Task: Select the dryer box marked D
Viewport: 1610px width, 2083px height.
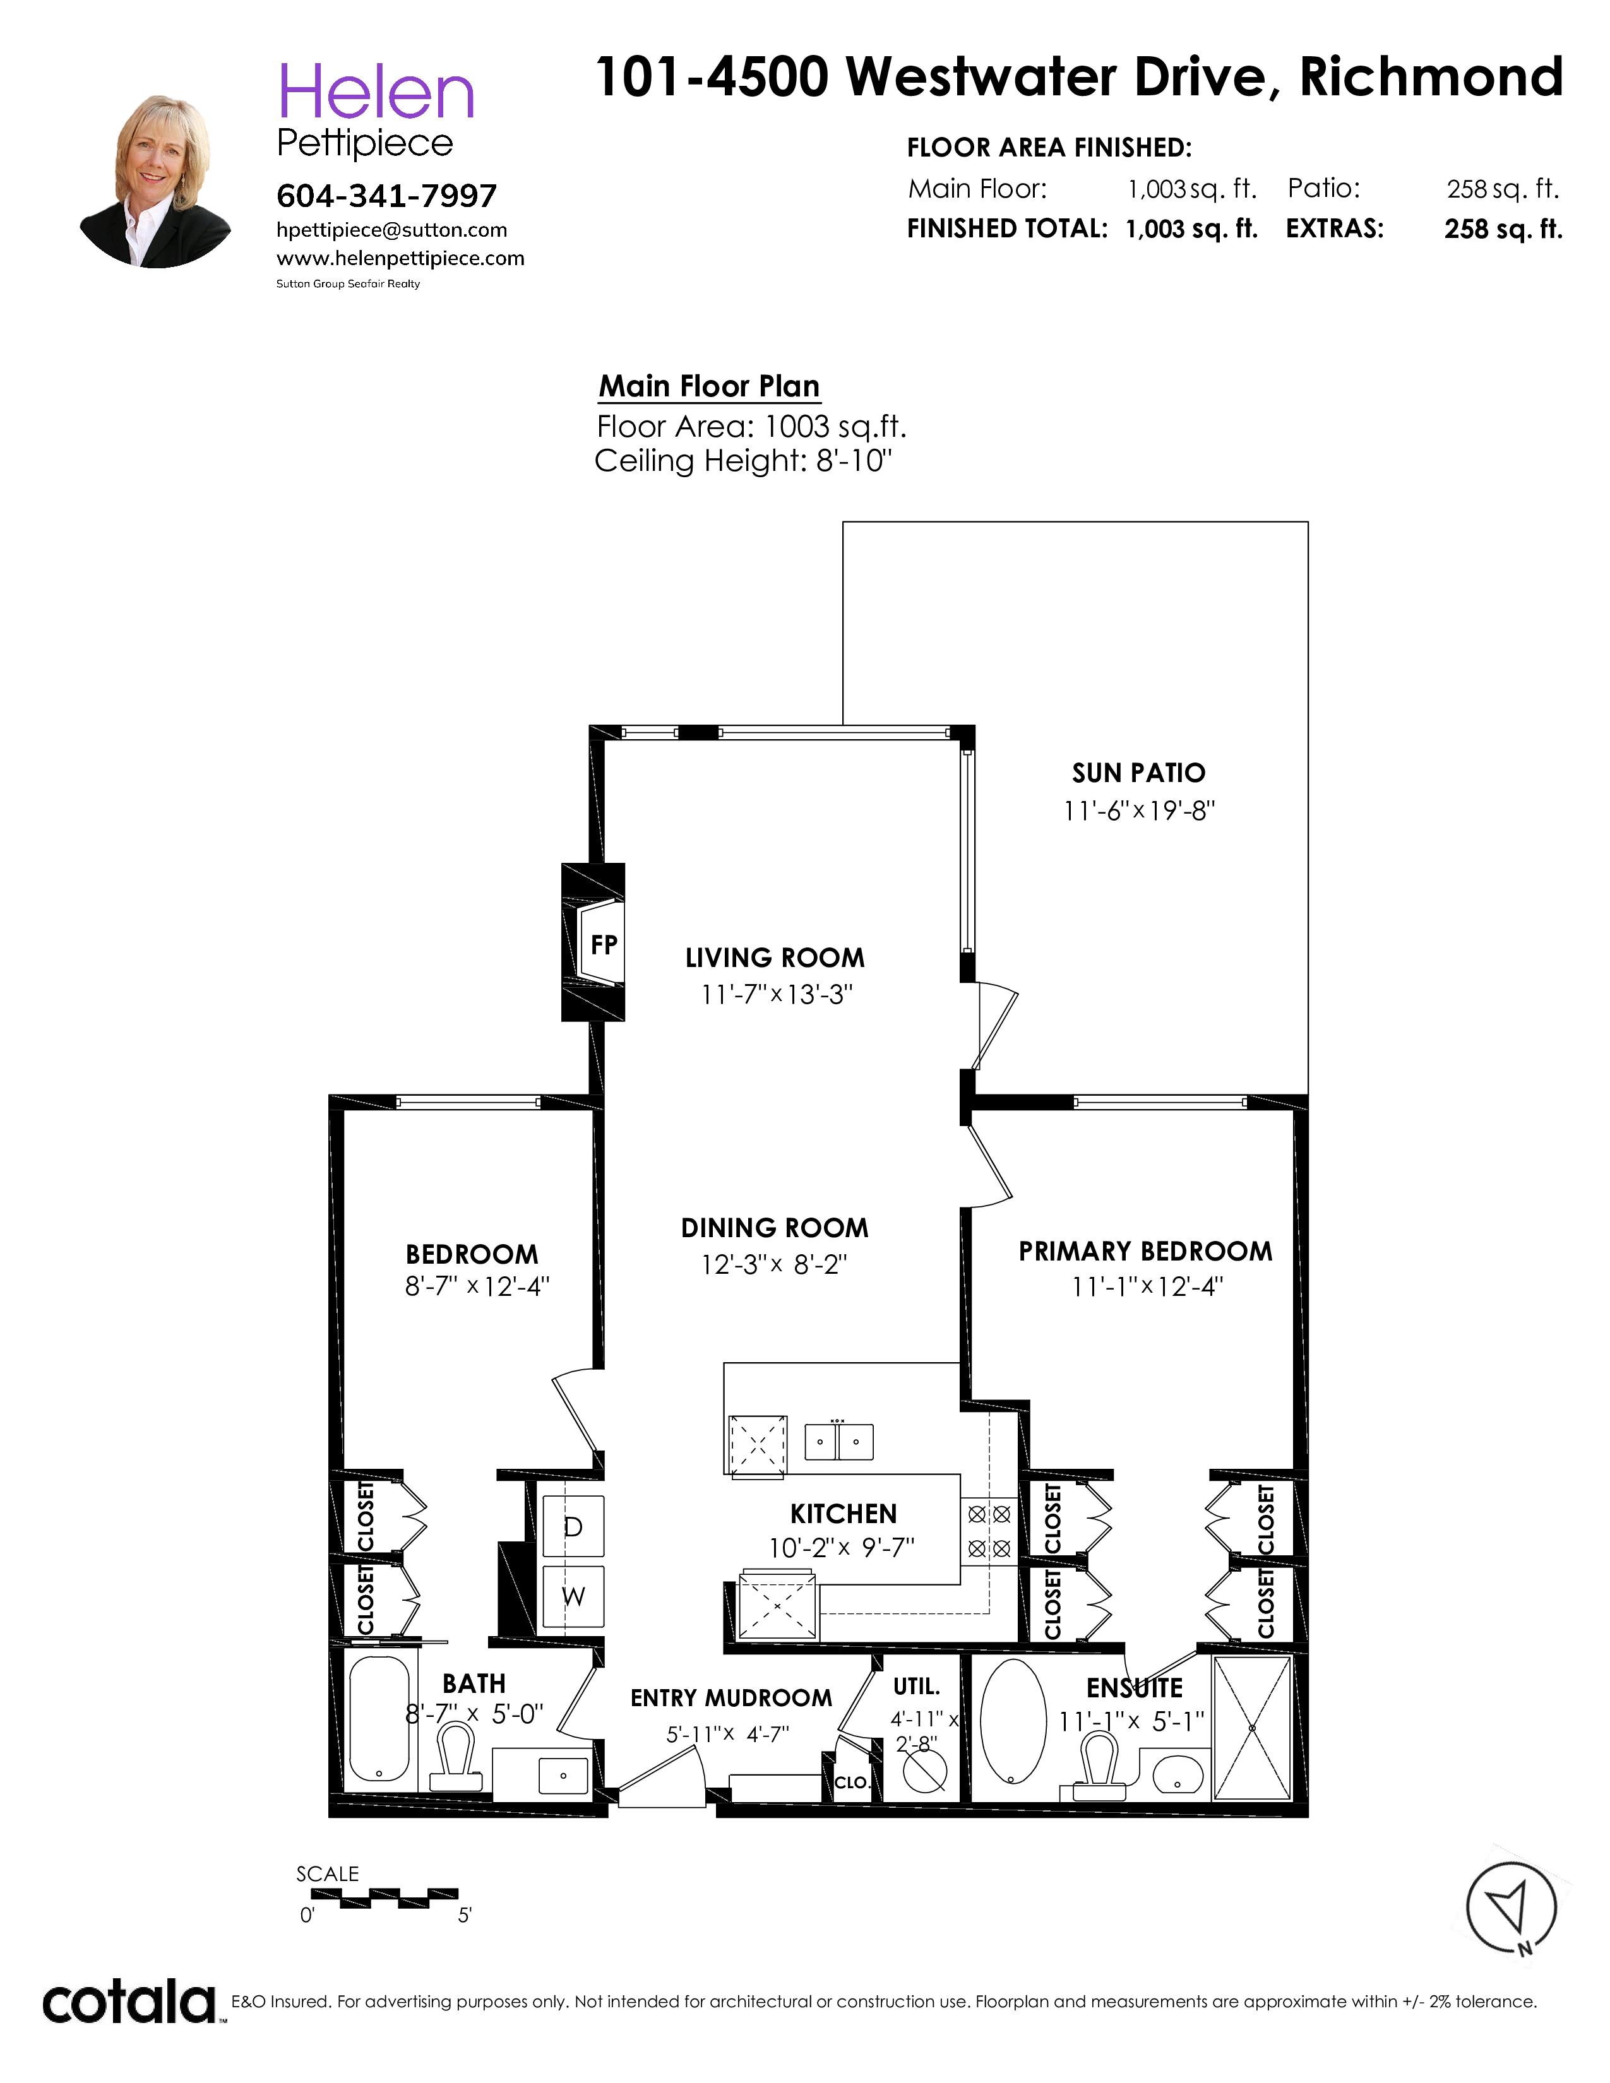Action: (x=573, y=1527)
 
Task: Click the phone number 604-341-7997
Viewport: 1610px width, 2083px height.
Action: (x=386, y=196)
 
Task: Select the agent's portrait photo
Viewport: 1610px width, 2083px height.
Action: (x=155, y=181)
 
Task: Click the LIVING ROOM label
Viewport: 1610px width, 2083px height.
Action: (x=775, y=958)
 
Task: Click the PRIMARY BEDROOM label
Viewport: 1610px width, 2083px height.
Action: (x=1145, y=1251)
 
